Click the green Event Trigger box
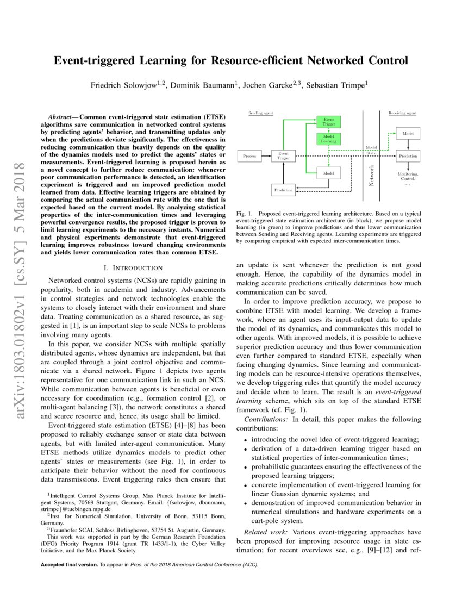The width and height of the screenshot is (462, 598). click(328, 121)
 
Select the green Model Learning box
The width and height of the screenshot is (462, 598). click(328, 139)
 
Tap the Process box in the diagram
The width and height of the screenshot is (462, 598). click(249, 156)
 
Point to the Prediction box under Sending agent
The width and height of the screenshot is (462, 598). click(283, 190)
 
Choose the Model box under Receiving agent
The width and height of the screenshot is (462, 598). click(408, 133)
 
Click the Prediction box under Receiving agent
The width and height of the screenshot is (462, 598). click(408, 156)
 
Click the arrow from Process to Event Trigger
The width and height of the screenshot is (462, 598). click(265, 156)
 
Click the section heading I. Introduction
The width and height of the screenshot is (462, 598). click(133, 267)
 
